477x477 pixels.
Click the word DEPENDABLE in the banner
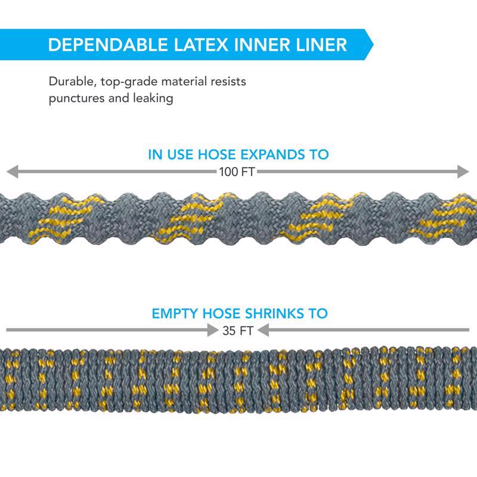pyautogui.click(x=108, y=45)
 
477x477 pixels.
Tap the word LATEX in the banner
pyautogui.click(x=201, y=45)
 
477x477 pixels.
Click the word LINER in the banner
pyautogui.click(x=321, y=45)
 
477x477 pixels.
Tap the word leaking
pyautogui.click(x=153, y=98)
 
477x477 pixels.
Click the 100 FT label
pyautogui.click(x=237, y=172)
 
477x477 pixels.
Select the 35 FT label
pyautogui.click(x=237, y=331)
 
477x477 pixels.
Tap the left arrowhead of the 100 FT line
pyautogui.click(x=12, y=172)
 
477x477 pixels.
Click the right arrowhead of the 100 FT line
pyautogui.click(x=463, y=172)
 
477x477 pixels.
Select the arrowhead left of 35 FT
pyautogui.click(x=213, y=330)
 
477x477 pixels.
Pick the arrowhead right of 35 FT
pyautogui.click(x=263, y=330)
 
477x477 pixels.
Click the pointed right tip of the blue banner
pyautogui.click(x=373, y=45)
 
